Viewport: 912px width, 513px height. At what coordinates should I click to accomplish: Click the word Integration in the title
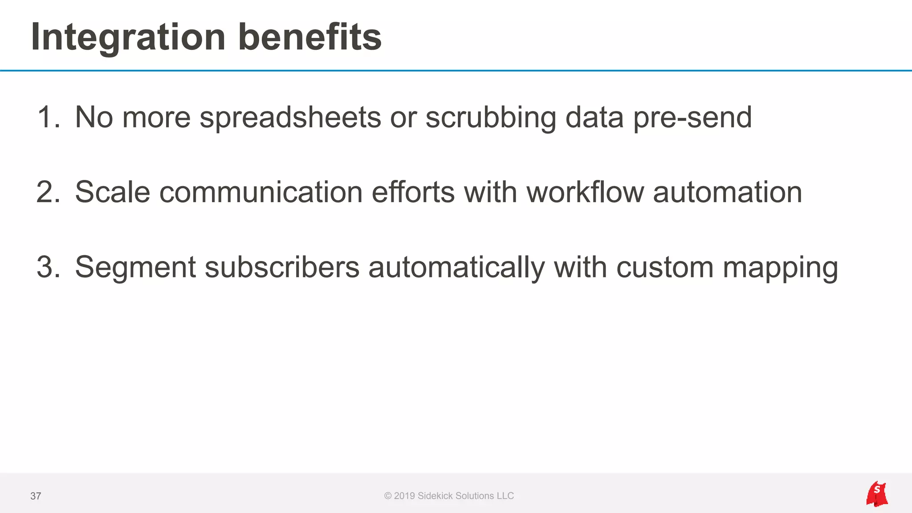tap(128, 37)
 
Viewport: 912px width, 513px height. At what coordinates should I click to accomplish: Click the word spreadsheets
tap(290, 118)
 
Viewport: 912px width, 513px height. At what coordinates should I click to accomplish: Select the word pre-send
tap(692, 118)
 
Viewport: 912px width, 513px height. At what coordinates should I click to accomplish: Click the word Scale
tap(113, 192)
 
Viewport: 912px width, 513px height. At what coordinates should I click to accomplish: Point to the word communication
tap(261, 192)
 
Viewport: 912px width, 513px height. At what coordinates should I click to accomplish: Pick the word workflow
tap(585, 192)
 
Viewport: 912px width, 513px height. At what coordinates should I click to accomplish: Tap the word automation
tap(728, 192)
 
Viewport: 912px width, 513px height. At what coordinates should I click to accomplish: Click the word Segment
tap(135, 268)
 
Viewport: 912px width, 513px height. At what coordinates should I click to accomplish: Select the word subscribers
tap(282, 267)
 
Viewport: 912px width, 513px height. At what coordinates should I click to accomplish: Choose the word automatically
tap(456, 268)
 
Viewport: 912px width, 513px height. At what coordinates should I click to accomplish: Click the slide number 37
tap(36, 496)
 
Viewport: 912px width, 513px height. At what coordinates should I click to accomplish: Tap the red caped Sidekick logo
tap(877, 494)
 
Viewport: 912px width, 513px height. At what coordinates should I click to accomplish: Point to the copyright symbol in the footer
tap(388, 496)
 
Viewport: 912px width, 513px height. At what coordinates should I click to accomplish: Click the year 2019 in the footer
tap(404, 496)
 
